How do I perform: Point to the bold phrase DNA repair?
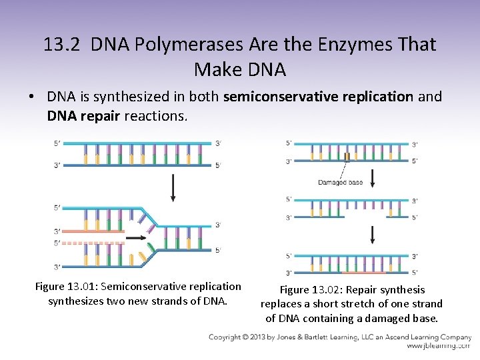(83, 116)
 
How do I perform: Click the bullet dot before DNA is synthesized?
(32, 97)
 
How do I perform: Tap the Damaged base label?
(341, 182)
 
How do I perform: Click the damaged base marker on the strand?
(347, 157)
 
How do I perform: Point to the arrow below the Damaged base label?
(372, 177)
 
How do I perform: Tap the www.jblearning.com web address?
(439, 347)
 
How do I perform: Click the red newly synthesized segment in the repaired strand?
(363, 272)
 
